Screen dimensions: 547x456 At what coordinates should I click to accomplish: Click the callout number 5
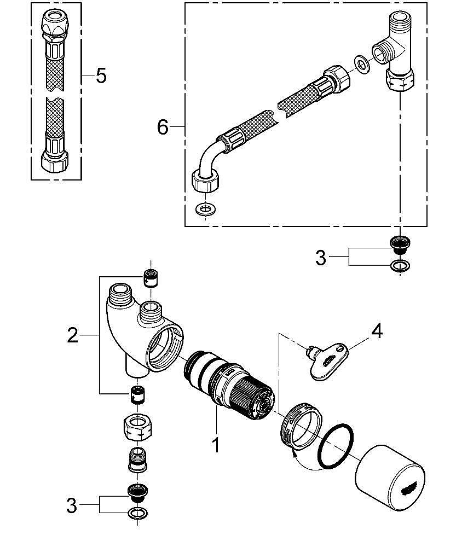coord(101,75)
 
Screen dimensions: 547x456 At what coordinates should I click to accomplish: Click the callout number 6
coord(163,127)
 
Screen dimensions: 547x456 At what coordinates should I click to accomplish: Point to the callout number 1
coord(216,444)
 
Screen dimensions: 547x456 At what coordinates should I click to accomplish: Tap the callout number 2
coord(73,335)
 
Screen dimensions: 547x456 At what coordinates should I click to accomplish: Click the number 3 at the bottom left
coord(72,506)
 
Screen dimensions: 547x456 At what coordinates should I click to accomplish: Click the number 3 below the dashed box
coord(321,257)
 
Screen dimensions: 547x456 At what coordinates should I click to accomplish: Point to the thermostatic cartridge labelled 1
coord(230,388)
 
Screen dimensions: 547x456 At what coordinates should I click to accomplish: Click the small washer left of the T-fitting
coord(361,64)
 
